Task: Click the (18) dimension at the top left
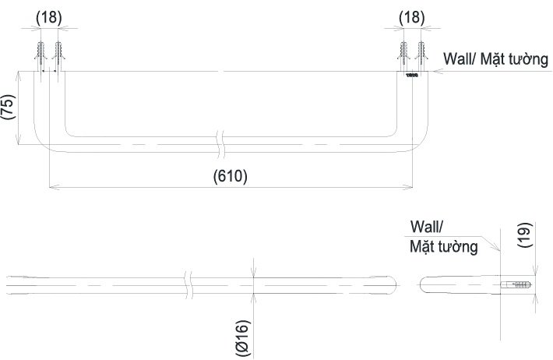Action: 48,17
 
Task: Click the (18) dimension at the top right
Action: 412,17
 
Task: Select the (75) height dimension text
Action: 9,107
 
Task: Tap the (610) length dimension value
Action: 231,176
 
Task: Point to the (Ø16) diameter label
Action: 243,338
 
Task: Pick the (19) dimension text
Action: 525,235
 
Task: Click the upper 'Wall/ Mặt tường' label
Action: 496,59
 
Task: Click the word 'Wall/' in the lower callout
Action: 427,227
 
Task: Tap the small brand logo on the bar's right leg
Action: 411,75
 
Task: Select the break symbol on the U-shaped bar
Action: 221,144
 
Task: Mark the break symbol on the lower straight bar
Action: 188,285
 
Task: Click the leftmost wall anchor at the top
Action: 41,56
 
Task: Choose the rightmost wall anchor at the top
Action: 421,56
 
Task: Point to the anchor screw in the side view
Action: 516,284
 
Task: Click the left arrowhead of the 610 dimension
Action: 53,187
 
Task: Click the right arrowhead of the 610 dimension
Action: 408,187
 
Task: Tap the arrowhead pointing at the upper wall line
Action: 438,71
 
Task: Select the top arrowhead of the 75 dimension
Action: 19,76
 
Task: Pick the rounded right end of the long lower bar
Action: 392,285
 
